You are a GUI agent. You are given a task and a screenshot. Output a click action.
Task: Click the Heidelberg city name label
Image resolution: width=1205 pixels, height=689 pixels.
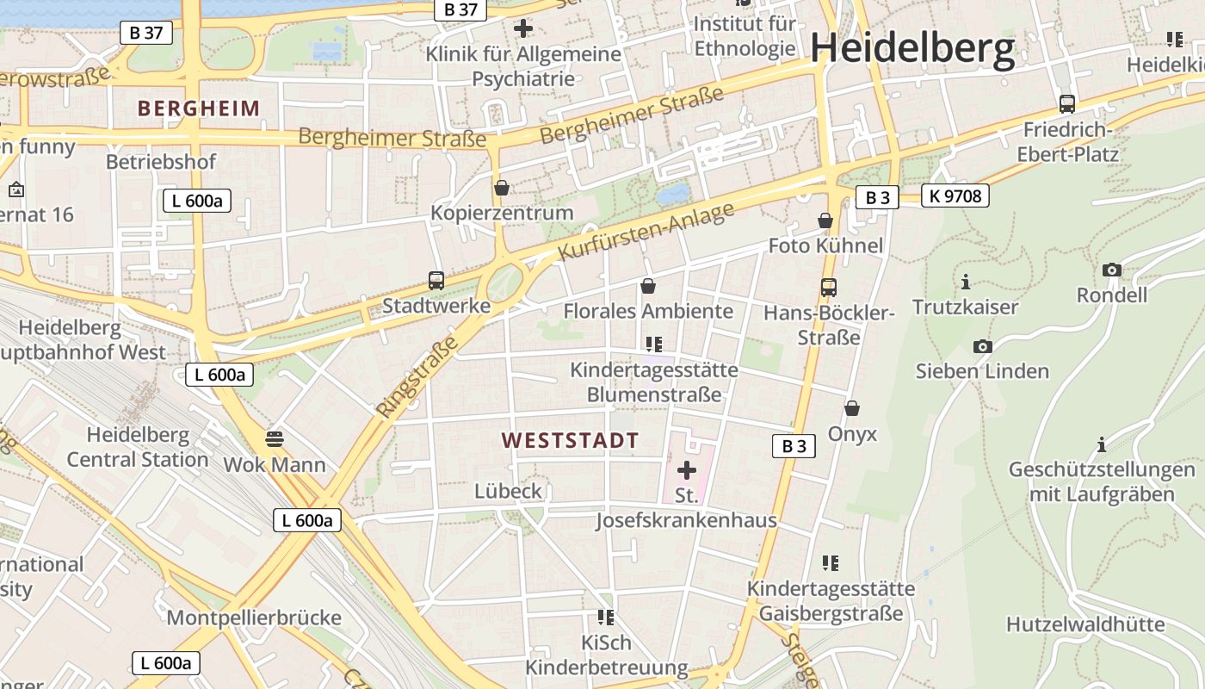coord(912,48)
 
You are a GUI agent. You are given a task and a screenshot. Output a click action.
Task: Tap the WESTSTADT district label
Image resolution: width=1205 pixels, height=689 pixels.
coord(570,440)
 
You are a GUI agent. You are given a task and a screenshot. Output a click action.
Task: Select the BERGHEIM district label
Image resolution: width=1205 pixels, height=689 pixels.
coord(198,109)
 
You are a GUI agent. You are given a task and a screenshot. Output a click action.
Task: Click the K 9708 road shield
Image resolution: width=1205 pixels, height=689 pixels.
coord(955,196)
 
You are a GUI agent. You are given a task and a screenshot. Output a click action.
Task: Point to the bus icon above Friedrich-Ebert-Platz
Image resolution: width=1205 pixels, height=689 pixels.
coord(1067,104)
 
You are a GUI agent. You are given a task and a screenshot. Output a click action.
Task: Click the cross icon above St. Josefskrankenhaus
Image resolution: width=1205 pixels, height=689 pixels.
coord(687,470)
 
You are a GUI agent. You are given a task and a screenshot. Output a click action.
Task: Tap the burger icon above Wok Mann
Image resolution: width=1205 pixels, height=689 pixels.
coord(275,438)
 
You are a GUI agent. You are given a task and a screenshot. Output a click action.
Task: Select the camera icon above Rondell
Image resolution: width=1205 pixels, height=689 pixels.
coord(1112,270)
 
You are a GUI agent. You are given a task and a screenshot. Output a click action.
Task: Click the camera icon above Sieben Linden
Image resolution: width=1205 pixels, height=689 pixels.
coord(982,346)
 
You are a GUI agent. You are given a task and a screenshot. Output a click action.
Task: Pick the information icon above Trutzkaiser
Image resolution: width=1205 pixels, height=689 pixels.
coord(966,282)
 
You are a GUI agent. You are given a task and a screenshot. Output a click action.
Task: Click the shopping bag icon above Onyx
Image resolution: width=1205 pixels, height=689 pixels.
coord(852,408)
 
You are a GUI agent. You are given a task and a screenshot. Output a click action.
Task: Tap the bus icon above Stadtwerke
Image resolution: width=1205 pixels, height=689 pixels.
coord(436,280)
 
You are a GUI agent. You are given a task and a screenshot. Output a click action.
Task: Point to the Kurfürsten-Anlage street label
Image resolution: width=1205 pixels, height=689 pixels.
coord(646,232)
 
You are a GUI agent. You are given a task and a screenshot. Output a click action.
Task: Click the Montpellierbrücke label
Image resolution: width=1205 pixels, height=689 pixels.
coord(254,618)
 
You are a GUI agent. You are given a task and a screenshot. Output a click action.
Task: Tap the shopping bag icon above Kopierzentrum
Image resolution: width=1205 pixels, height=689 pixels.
coord(502,187)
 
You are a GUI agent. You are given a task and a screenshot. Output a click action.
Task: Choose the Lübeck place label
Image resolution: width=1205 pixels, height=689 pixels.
coord(509,491)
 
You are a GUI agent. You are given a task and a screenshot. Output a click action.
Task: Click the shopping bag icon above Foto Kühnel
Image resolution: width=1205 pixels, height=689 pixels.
coord(825,220)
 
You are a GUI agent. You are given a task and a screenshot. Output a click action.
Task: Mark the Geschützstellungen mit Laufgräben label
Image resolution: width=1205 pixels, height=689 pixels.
coord(1102,482)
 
